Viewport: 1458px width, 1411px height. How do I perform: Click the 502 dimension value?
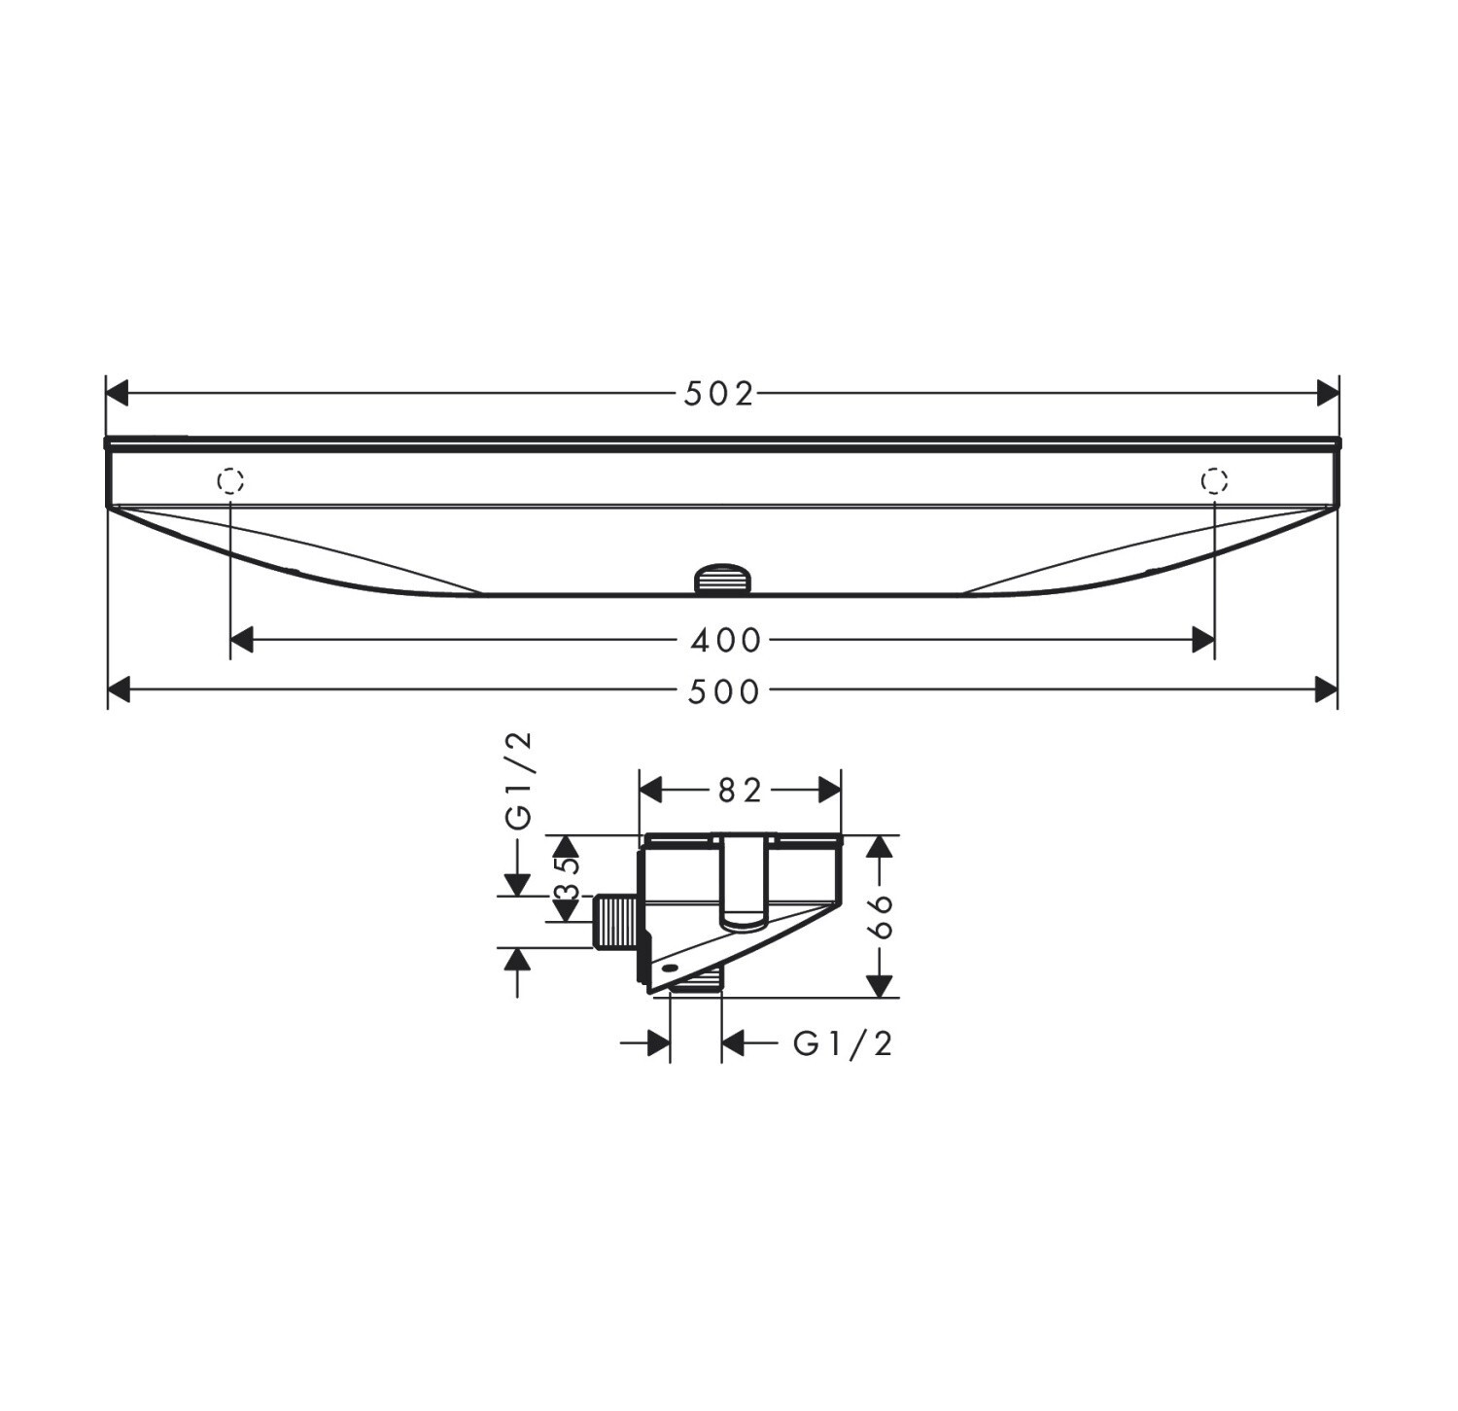719,394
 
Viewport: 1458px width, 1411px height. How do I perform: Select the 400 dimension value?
725,640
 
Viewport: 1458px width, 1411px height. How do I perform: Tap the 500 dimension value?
724,691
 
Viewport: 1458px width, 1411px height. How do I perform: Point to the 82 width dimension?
739,792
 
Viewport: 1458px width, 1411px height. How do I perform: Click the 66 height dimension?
881,916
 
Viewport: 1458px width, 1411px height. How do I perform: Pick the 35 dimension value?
568,878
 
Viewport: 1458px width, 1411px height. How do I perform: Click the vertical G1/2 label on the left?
521,781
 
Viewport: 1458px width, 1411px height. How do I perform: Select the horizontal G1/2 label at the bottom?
843,1043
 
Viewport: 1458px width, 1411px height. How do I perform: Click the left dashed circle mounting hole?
230,480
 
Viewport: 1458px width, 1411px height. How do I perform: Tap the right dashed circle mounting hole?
1215,480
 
